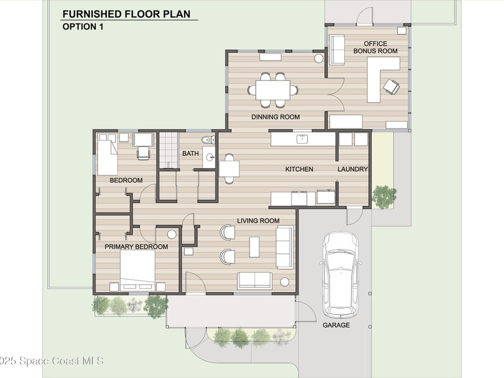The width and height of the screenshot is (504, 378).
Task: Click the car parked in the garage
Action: coord(341,274)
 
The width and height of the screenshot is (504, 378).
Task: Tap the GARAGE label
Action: coord(336,325)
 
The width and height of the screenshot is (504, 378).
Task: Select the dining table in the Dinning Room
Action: coord(273,90)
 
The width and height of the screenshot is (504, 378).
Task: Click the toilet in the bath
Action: coord(209,140)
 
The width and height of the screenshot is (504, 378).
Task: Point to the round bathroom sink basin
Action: coord(210,157)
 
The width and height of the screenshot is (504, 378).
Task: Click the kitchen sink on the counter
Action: coord(302,139)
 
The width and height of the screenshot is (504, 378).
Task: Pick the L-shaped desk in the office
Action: coord(382,79)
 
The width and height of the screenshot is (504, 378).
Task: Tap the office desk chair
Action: coord(391,87)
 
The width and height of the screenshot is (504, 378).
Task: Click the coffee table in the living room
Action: coord(254,247)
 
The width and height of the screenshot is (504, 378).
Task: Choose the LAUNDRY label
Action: coord(352,169)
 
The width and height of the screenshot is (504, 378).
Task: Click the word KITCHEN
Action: coord(299,169)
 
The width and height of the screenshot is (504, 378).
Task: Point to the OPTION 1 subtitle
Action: coord(83,27)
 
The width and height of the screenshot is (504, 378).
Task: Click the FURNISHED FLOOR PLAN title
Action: coord(126,14)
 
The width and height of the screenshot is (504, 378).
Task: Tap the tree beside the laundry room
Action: coord(384,197)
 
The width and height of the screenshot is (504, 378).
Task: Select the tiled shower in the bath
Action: coord(168,150)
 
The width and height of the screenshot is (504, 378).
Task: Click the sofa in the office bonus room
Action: coord(337,49)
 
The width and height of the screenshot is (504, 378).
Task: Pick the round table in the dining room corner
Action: coord(318,59)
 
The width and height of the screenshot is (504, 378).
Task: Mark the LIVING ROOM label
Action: coord(258,221)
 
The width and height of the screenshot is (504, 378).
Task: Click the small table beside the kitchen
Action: coord(229,169)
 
